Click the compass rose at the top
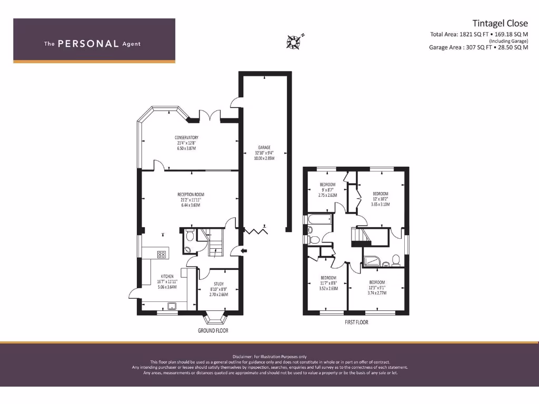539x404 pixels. click(x=293, y=40)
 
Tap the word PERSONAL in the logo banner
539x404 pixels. click(x=88, y=44)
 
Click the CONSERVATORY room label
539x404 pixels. click(x=186, y=138)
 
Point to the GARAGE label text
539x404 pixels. click(x=264, y=147)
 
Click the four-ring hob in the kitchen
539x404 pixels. click(x=162, y=255)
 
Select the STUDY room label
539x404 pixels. click(x=218, y=284)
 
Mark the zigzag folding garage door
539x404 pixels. click(x=258, y=230)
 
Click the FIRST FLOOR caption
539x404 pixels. click(x=356, y=322)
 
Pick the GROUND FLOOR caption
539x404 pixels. click(x=213, y=331)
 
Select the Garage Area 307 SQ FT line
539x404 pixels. click(x=478, y=47)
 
